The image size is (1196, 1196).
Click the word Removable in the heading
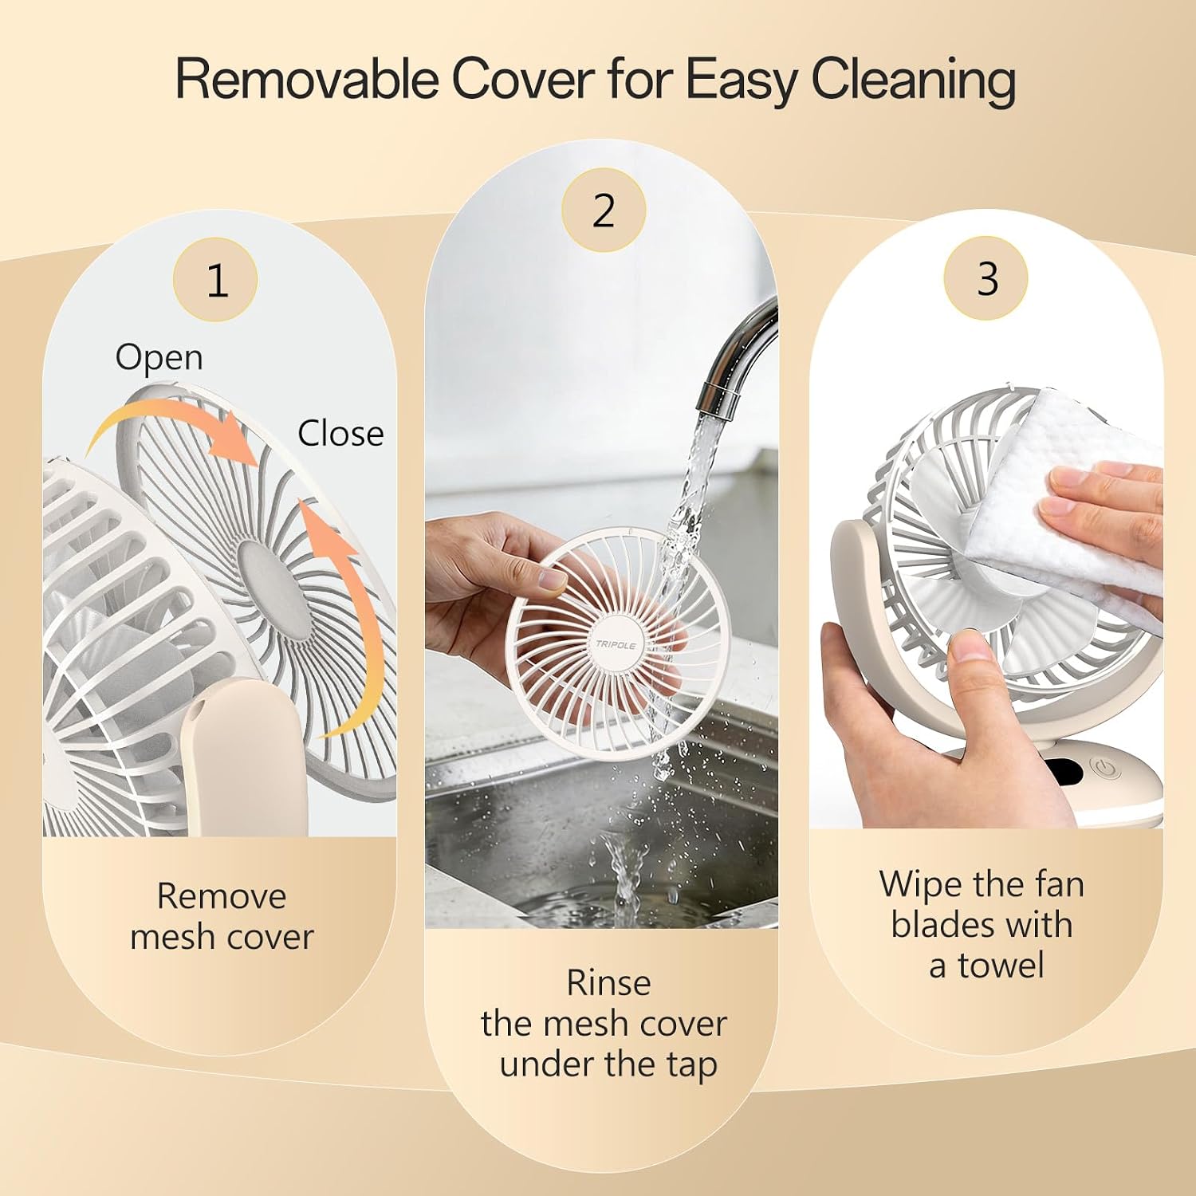point(306,79)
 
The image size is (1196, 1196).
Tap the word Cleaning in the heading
point(914,81)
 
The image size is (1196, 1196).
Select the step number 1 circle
point(215,280)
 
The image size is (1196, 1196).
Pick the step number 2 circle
point(604,210)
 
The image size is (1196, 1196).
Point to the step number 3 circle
point(986,278)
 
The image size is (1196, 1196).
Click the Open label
point(159,357)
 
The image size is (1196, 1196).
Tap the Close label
point(340,434)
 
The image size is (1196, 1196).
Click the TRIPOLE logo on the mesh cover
point(616,644)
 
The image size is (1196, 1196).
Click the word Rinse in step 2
point(608,983)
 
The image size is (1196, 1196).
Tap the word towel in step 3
point(1001,966)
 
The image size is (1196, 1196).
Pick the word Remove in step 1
point(222,896)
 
